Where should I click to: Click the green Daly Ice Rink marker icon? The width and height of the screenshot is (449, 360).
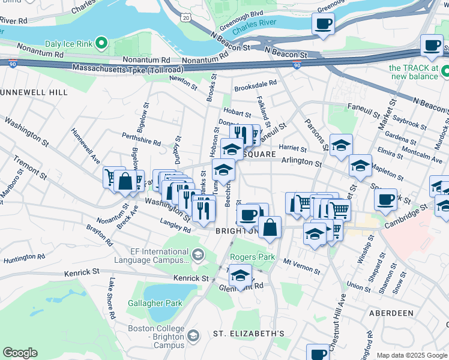pos(101,43)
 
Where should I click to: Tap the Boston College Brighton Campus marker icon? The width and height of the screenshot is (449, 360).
pos(193,335)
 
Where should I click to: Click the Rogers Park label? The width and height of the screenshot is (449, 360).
pos(252,257)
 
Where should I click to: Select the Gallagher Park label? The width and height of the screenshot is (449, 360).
pos(155,303)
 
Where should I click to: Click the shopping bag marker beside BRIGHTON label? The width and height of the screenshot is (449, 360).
pos(270,227)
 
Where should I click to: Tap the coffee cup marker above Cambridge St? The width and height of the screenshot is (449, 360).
pos(385,199)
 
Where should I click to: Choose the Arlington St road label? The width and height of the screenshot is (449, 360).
pos(303,162)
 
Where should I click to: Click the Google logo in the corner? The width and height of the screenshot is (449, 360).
pos(20,353)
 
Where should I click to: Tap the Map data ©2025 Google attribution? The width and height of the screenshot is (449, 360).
pos(411,355)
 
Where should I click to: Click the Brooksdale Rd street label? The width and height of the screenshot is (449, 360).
pos(256,83)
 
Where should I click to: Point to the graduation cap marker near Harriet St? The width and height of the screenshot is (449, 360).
pos(341,145)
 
